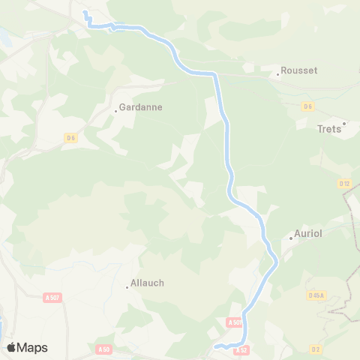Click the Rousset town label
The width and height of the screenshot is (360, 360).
pos(299,70)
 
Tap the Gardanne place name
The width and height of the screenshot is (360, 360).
pos(141,107)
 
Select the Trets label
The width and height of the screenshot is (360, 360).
pos(329,129)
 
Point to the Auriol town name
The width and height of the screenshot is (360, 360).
pos(308,234)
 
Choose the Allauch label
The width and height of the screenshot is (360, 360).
pos(147,283)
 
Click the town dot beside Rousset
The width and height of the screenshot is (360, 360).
pos(277,74)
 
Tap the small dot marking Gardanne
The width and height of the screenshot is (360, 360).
pos(115,111)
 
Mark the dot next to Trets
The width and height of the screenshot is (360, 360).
pos(344,124)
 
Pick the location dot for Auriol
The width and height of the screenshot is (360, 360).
pos(291,238)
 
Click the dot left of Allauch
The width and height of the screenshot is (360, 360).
pos(127,286)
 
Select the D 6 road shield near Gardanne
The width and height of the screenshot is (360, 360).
pos(71,137)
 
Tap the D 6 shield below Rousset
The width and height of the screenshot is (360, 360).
pos(307,106)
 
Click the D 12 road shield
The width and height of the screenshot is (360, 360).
pos(344,183)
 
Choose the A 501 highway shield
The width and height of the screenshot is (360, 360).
pos(234,322)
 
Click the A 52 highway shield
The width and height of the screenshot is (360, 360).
pos(241,349)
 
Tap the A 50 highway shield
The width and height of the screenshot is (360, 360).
pos(103,349)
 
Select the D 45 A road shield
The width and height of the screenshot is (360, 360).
pos(316,295)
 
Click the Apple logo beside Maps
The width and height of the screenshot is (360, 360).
pos(11,347)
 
